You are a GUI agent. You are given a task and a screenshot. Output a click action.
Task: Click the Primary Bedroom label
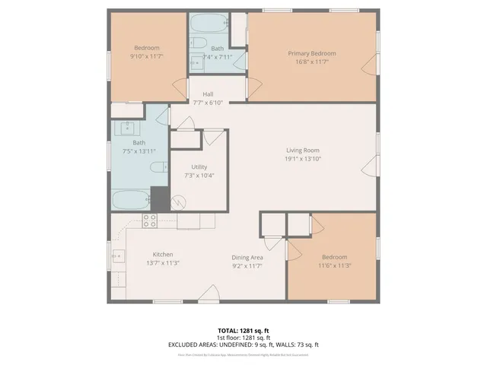(x=311, y=53)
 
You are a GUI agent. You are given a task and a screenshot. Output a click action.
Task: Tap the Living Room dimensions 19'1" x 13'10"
(x=302, y=160)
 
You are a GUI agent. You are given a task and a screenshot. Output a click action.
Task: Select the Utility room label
(x=199, y=167)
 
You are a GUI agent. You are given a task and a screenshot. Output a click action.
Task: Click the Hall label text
(x=208, y=94)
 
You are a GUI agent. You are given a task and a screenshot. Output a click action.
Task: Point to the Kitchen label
(x=163, y=254)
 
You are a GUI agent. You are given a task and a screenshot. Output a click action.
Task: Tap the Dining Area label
(x=247, y=257)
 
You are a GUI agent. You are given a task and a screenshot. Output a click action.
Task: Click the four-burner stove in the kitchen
(x=149, y=221)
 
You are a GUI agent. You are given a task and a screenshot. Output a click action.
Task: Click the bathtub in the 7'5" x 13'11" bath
(x=131, y=201)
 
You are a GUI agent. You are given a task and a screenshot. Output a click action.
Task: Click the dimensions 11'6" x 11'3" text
(x=334, y=266)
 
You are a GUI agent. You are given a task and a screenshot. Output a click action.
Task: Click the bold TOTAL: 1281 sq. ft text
(x=243, y=330)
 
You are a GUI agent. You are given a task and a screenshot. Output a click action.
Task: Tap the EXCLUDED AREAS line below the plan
(x=243, y=344)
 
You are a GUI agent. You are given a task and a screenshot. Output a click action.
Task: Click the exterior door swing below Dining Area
(x=208, y=294)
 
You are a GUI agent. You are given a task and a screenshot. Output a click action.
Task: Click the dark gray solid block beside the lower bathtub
(x=159, y=199)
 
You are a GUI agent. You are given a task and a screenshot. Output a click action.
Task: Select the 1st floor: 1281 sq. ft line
(x=243, y=338)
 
